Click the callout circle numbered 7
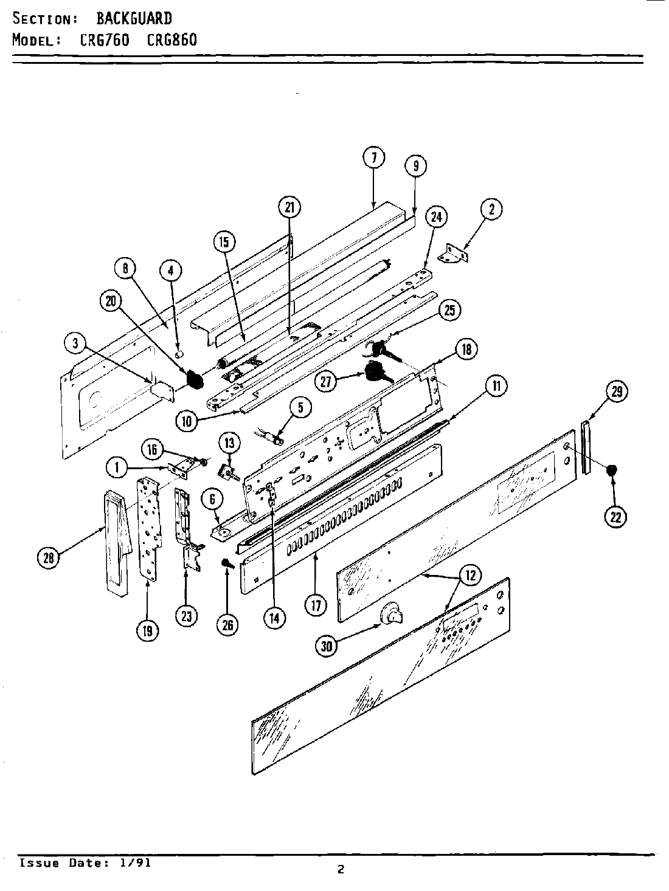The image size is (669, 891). click(374, 158)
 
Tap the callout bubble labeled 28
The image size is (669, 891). click(49, 557)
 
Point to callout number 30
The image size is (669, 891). click(328, 647)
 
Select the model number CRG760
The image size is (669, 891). click(105, 40)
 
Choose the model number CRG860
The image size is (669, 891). click(172, 40)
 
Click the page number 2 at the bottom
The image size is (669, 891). click(341, 870)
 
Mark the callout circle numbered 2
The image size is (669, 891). click(491, 210)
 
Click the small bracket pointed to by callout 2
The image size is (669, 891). click(456, 253)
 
